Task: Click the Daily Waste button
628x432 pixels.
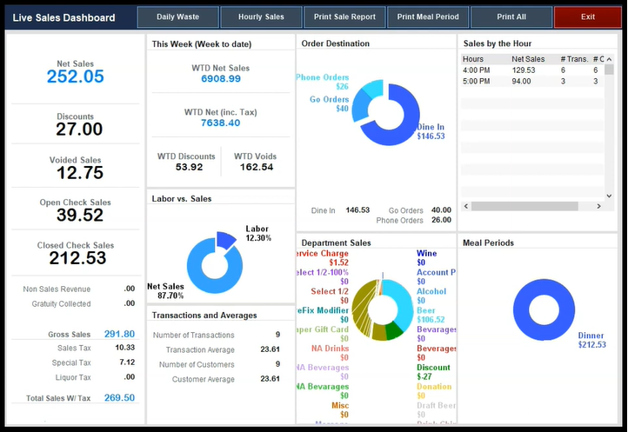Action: click(x=177, y=17)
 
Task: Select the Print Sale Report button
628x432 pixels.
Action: click(x=344, y=17)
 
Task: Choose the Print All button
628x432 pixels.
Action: click(x=511, y=17)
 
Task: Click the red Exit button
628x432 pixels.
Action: click(x=588, y=17)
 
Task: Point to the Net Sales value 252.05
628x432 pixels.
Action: click(x=75, y=76)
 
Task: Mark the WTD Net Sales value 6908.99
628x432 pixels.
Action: click(x=220, y=79)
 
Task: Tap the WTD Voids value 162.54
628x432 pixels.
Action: click(x=256, y=167)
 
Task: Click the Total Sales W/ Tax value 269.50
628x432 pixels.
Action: click(x=119, y=397)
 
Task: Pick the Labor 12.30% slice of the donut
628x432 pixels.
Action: click(x=226, y=239)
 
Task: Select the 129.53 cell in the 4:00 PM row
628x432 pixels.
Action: click(x=523, y=70)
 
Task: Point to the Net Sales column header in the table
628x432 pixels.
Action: click(x=528, y=59)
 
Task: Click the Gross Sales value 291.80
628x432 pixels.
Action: click(x=119, y=334)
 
